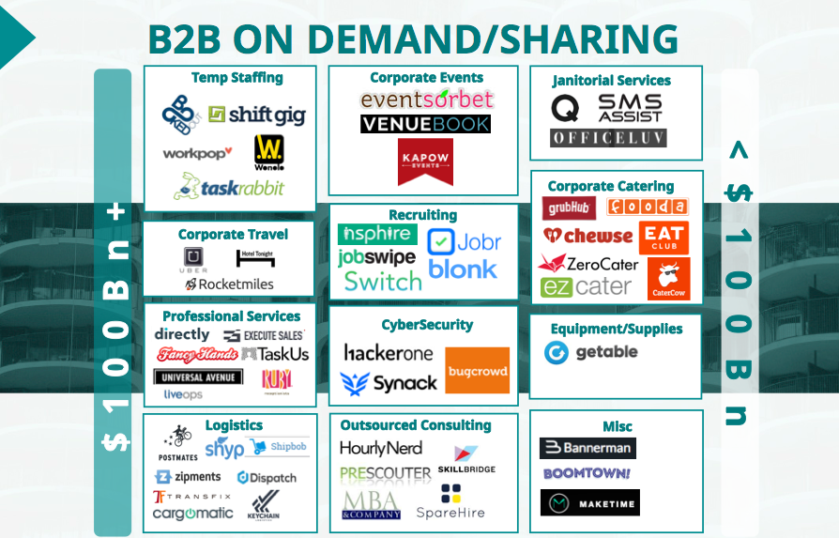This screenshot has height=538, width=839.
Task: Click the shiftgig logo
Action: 257,115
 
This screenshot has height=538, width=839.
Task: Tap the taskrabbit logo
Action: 229,186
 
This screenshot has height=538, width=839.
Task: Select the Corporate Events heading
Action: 426,78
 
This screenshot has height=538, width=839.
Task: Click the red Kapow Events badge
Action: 425,161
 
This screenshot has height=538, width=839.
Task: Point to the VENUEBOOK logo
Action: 425,124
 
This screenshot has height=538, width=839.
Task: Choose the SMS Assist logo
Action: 630,107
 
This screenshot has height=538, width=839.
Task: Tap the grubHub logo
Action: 569,208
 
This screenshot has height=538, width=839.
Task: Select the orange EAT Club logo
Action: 663,238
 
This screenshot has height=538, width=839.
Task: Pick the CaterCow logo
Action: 668,279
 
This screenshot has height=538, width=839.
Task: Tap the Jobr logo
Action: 464,241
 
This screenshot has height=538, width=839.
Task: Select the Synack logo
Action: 389,383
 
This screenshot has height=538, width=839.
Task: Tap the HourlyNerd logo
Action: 381,448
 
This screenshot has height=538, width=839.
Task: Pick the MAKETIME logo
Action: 589,503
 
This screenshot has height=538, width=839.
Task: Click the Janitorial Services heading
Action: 611,81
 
